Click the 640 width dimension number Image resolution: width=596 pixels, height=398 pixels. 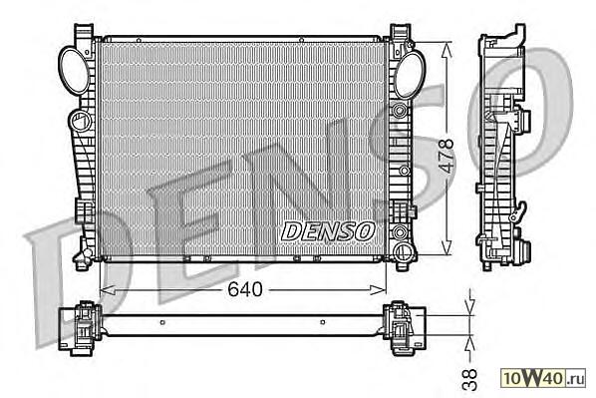(x=245, y=289)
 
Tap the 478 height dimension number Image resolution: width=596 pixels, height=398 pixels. (x=447, y=156)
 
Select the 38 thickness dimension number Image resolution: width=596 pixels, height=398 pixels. (x=469, y=379)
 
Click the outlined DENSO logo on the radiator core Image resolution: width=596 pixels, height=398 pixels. (x=329, y=231)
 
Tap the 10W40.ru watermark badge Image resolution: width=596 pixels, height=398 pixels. (x=543, y=378)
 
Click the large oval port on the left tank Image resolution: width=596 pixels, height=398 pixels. (x=74, y=71)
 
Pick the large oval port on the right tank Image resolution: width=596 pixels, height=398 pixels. (x=409, y=75)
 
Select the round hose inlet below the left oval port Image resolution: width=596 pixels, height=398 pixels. (x=80, y=121)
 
